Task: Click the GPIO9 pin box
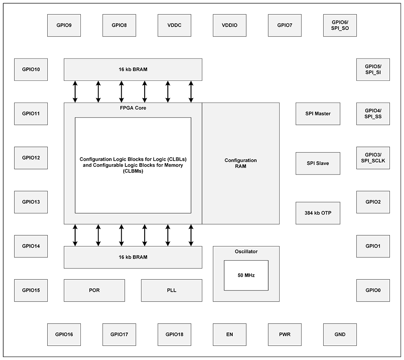pos(64,25)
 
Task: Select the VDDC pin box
pos(175,25)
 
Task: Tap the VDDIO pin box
pos(229,25)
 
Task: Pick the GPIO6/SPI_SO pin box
pos(340,25)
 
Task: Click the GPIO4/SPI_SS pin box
pos(373,114)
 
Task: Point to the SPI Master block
pos(318,114)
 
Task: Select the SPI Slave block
pos(318,163)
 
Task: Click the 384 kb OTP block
pos(318,213)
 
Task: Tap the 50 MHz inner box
pos(246,276)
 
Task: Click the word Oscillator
pos(246,251)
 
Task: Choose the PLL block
pos(172,291)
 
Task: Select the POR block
pos(94,291)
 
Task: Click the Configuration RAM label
pos(241,163)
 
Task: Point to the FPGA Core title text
pos(133,108)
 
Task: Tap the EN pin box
pos(229,335)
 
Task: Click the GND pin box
pos(340,335)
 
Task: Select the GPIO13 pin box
pos(31,202)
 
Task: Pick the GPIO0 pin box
pos(373,291)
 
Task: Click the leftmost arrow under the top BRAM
pos(75,92)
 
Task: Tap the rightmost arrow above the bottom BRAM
pos(191,235)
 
